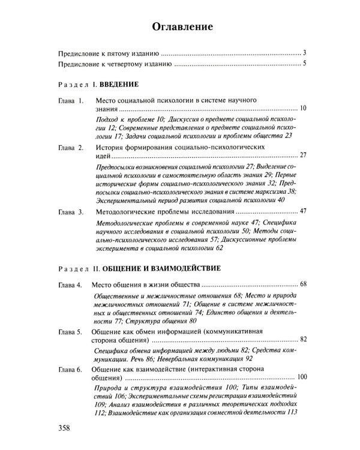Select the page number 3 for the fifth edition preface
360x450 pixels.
305,53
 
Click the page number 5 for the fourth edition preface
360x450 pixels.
305,64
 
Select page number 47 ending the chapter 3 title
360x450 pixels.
302,212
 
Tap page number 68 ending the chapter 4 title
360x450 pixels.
302,283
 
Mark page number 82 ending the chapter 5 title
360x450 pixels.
302,340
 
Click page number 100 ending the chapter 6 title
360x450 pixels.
301,377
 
